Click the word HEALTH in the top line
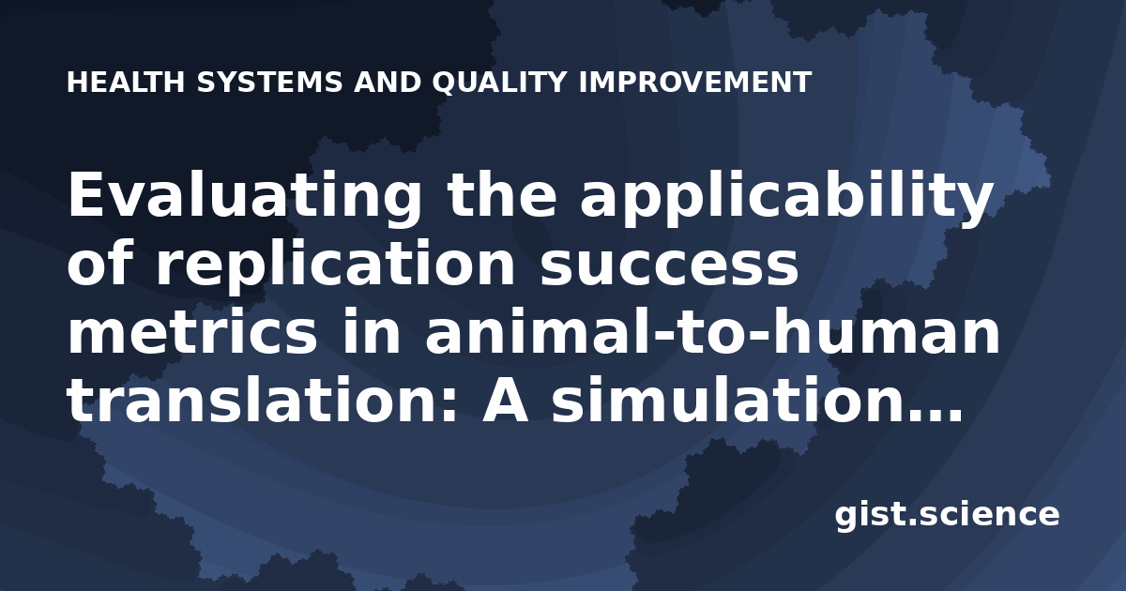click(126, 82)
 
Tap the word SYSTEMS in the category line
click(269, 82)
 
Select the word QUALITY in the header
click(499, 83)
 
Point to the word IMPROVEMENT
click(695, 82)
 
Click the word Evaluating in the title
click(245, 196)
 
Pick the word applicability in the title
click(786, 196)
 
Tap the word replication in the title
click(335, 265)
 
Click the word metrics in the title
click(192, 333)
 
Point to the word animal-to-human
click(713, 333)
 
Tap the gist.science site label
click(947, 515)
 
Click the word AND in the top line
click(388, 82)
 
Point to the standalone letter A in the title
click(505, 399)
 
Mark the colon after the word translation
click(449, 406)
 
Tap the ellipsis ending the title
click(932, 415)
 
